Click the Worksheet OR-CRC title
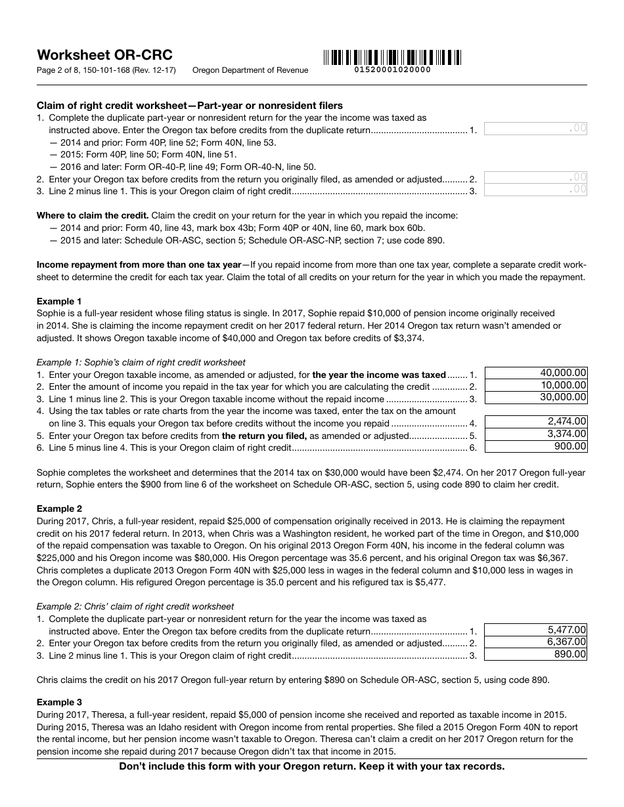(x=104, y=55)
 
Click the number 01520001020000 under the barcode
(x=392, y=70)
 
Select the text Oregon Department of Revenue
(x=250, y=70)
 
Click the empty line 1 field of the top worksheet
(x=535, y=129)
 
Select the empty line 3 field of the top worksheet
(x=535, y=190)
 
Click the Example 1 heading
(x=59, y=301)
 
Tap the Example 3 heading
(x=59, y=702)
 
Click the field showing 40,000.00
(x=535, y=373)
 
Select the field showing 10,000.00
(x=535, y=385)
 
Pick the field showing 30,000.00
(x=535, y=397)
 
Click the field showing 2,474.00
(x=535, y=421)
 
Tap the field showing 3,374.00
(x=535, y=434)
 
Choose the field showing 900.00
(x=535, y=446)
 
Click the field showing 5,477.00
(x=535, y=630)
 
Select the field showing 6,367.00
(x=535, y=642)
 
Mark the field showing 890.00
(x=535, y=654)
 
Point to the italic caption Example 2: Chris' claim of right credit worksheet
(x=135, y=606)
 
